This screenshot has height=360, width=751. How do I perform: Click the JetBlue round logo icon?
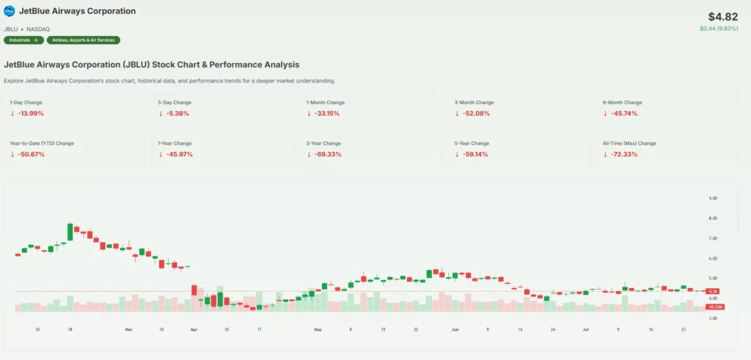tap(10, 12)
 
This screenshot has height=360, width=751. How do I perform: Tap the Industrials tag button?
tap(23, 40)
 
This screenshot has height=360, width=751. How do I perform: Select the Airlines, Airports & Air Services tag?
tap(84, 40)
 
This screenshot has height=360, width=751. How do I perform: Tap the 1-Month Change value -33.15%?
tap(326, 114)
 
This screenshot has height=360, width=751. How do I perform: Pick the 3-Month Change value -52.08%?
tap(475, 114)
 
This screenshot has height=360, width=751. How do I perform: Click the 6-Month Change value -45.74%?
tap(623, 114)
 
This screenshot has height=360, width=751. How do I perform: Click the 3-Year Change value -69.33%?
tap(326, 155)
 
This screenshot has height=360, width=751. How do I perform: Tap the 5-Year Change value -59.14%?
tap(475, 155)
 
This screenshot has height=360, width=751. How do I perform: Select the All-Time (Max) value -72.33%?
tap(623, 155)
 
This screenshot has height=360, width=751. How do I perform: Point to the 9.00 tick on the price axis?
tap(713, 198)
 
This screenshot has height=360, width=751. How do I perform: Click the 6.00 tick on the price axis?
tap(713, 258)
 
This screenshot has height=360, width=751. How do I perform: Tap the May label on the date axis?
tap(318, 330)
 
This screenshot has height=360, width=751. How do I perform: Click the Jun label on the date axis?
tap(455, 330)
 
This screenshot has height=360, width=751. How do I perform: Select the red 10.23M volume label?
tap(715, 306)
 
